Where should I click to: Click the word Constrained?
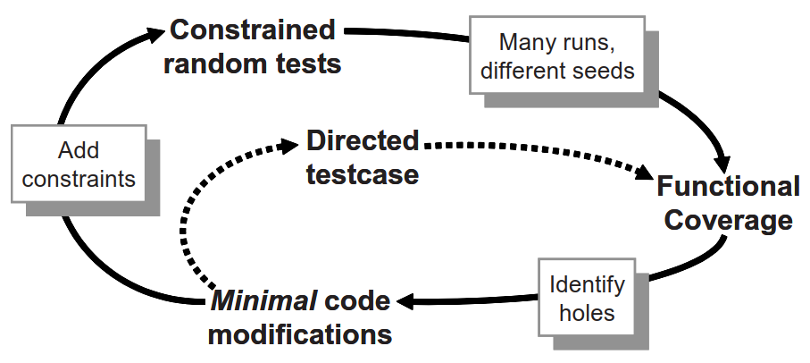coord(253,30)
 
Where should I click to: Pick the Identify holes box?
coord(587,298)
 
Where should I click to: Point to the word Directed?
coord(362,140)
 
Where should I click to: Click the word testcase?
coord(362,173)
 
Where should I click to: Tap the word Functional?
coord(728,186)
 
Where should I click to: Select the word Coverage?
coord(728,220)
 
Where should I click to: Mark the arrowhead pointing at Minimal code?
coord(404,302)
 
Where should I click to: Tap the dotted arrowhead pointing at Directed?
coord(289,143)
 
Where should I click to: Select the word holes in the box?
coord(587,313)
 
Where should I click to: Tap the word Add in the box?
coord(79,150)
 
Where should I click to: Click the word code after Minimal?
coord(356,300)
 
